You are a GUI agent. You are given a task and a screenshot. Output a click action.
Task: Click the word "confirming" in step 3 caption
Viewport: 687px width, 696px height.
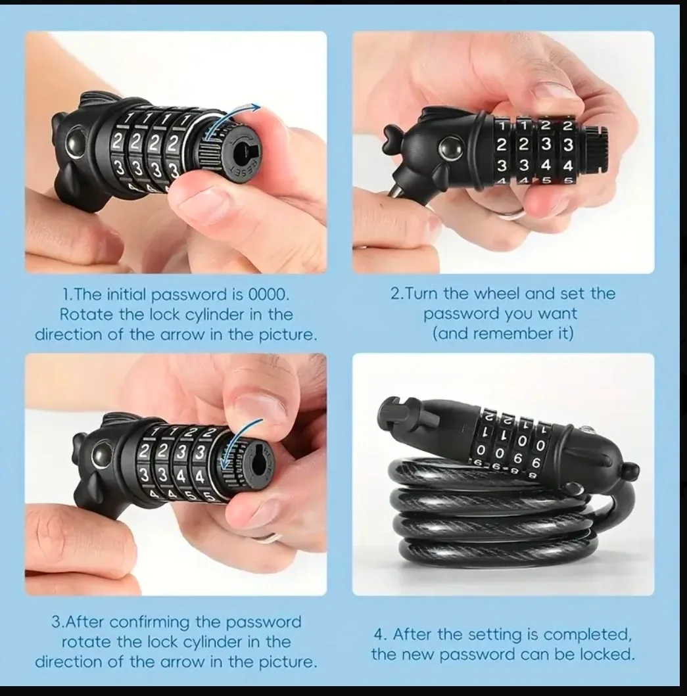[x=163, y=621]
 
